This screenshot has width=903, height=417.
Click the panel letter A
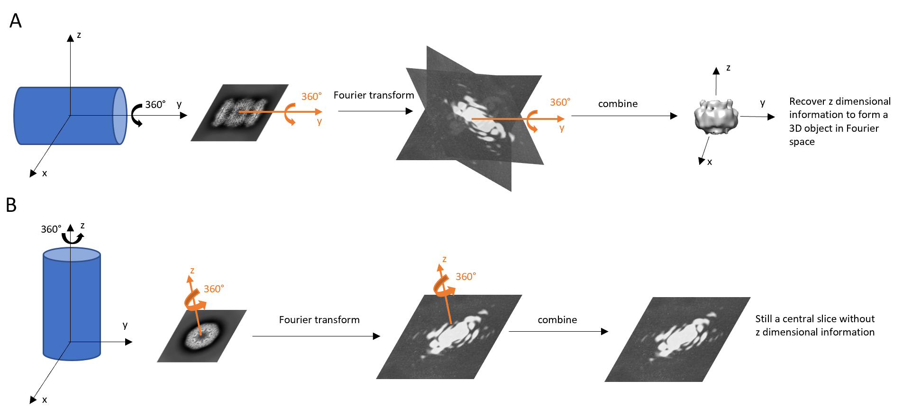[16, 21]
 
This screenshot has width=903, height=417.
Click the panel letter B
[11, 205]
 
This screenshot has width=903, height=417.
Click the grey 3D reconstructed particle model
[716, 117]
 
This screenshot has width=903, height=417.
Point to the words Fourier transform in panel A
[374, 95]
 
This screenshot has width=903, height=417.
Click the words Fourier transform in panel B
[319, 320]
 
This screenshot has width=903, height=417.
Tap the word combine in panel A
[618, 104]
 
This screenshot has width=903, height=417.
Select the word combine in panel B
[557, 320]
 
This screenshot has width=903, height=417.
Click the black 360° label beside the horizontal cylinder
[155, 104]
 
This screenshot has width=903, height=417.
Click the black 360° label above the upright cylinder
[51, 229]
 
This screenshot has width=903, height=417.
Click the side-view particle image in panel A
[239, 113]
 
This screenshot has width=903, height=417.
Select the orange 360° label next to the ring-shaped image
[214, 289]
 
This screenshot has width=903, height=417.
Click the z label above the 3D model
[728, 68]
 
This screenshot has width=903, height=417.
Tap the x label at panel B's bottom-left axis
[45, 400]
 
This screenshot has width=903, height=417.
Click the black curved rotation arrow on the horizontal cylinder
[136, 116]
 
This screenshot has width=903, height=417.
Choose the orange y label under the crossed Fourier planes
[562, 128]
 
